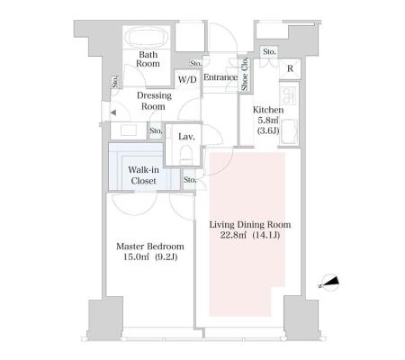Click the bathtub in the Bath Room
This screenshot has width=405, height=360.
pos(146,38)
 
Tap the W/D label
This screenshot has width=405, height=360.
pos(187,80)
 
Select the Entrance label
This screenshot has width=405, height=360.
pos(220,77)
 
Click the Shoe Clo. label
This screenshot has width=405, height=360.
pos(245,74)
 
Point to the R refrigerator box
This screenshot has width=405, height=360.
pos(290,68)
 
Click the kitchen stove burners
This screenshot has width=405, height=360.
pos(289,96)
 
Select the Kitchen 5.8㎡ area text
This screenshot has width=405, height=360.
pos(268,120)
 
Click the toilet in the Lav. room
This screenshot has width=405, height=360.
pos(185,155)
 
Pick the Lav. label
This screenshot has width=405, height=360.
pos(186,137)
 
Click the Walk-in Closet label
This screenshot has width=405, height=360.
pos(143,175)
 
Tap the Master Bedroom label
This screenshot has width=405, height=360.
pos(150,247)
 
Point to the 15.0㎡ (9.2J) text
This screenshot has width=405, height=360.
pos(150,257)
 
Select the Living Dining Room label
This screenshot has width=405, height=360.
pos(250,224)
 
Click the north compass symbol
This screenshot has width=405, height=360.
pos(329,283)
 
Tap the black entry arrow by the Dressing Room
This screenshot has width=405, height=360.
pos(113,112)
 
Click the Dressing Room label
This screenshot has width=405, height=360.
pos(154,101)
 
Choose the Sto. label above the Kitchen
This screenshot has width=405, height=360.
pos(269,52)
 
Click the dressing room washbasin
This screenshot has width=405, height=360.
pos(129,130)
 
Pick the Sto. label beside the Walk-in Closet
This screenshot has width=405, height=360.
pos(190,180)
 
